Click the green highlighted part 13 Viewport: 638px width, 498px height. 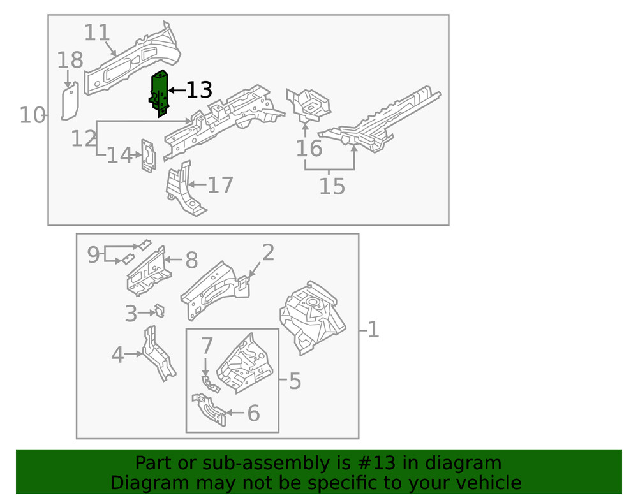159,93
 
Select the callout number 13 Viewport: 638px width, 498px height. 198,91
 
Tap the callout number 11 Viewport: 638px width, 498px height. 97,33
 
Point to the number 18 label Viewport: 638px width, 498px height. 70,61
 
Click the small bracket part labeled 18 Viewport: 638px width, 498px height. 70,102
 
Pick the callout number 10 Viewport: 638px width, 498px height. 31,116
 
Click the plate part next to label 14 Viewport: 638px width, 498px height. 148,156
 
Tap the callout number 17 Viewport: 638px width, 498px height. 221,186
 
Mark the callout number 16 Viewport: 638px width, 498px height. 309,149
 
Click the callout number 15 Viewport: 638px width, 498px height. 332,187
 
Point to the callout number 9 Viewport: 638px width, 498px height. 94,255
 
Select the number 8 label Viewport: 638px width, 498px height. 191,260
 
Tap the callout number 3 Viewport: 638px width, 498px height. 131,314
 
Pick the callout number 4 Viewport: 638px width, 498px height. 117,355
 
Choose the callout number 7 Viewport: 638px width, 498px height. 207,346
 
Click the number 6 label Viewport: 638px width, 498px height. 253,414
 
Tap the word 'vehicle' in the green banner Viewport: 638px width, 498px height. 486,483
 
